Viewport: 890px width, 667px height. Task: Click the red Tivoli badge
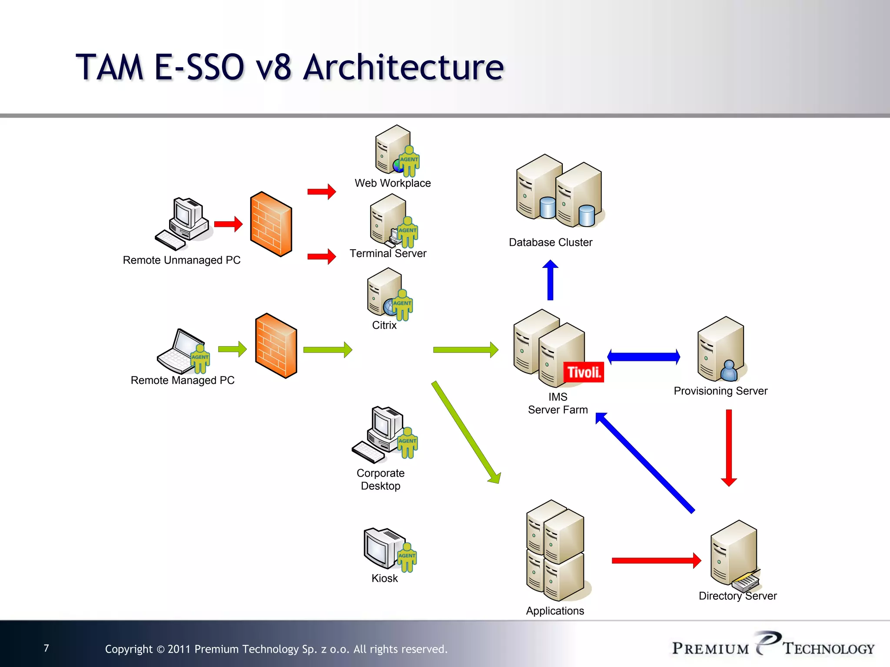[583, 372]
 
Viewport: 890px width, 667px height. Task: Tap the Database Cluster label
[550, 242]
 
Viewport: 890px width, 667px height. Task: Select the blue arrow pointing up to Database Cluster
[550, 280]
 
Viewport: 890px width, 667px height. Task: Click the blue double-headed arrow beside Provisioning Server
[643, 357]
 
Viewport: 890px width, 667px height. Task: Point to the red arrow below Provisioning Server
[729, 447]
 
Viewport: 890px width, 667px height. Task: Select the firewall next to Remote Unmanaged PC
[271, 224]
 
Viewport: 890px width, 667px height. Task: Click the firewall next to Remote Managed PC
[276, 346]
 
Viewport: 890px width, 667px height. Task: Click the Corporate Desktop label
[381, 479]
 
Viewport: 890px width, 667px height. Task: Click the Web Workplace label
[392, 183]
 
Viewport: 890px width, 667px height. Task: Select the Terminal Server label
[388, 254]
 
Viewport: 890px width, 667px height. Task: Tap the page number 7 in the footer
[46, 648]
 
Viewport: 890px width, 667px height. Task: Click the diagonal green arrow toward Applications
[466, 433]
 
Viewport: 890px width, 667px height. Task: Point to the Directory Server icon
[734, 554]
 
